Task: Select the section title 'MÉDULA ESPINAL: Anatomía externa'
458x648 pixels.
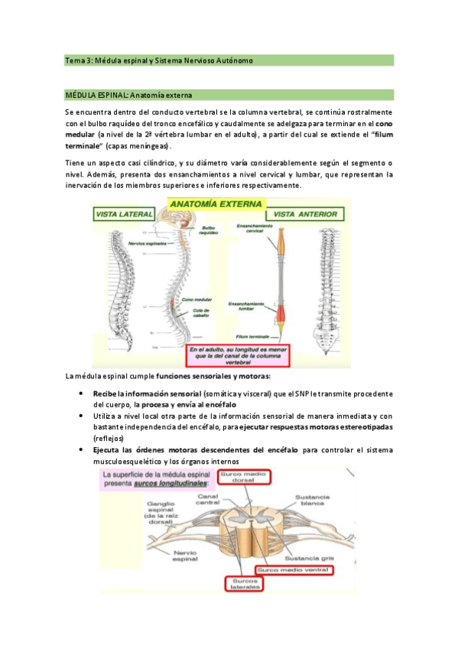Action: coord(128,96)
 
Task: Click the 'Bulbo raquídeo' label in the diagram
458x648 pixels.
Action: coord(209,231)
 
